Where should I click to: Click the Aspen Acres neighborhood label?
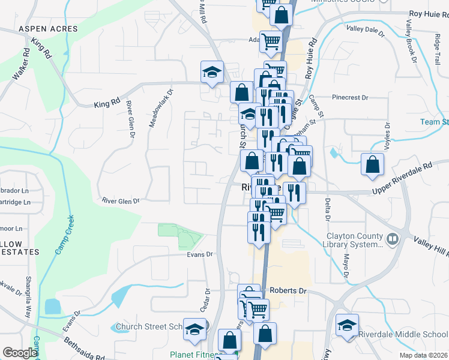click(x=48, y=29)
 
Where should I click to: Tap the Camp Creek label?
click(x=64, y=235)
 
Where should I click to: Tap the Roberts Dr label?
click(x=288, y=290)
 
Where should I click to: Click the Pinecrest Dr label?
click(x=349, y=97)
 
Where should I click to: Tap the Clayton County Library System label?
click(x=354, y=240)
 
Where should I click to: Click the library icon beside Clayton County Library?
click(x=393, y=239)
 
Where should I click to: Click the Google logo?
click(x=20, y=353)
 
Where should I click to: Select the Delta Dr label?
click(x=328, y=209)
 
